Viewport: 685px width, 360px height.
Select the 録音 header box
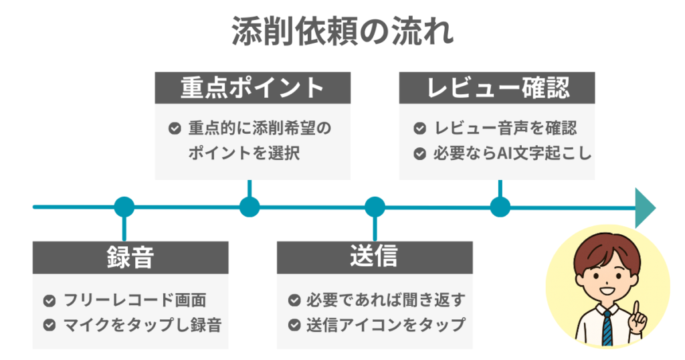point(130,257)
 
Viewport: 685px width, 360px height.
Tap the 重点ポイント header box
point(252,88)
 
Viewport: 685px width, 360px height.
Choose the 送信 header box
point(375,257)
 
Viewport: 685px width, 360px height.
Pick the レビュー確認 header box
point(497,88)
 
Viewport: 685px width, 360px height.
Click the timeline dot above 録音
point(124,207)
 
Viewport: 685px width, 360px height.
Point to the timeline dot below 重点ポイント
point(250,207)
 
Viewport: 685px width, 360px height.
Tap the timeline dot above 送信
point(375,207)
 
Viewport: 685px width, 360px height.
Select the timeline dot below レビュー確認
point(500,207)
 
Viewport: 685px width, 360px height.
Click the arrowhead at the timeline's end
point(644,207)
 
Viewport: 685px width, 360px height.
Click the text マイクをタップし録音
point(142,325)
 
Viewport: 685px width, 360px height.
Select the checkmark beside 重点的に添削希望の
point(174,128)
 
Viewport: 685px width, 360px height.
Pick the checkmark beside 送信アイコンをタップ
point(294,325)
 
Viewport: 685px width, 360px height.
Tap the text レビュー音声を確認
point(505,128)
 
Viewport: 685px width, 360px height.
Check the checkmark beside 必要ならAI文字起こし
point(419,153)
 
